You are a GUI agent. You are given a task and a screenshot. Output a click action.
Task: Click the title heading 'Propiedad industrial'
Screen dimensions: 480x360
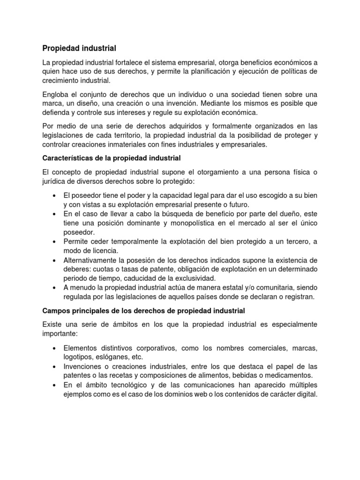(79, 48)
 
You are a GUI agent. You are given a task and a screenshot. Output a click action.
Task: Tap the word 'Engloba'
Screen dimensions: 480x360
(57, 94)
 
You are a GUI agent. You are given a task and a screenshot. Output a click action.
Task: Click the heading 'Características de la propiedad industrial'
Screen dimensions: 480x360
(112, 158)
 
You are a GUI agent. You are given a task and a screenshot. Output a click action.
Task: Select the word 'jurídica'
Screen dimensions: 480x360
(55, 181)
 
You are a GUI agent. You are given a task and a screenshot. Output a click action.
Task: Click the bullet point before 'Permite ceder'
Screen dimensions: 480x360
(55, 241)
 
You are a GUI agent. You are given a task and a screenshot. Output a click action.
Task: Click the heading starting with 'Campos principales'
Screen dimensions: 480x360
(143, 311)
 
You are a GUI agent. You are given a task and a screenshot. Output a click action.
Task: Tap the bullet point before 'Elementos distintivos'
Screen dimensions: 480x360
(55, 348)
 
